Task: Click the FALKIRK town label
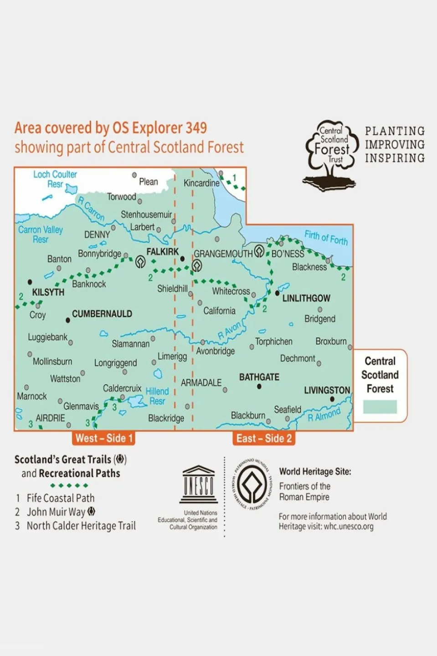click(x=163, y=252)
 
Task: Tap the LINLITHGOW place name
click(x=306, y=298)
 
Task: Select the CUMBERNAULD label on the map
click(x=102, y=314)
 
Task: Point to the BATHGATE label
click(x=259, y=377)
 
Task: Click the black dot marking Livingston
click(x=332, y=399)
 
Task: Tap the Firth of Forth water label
click(x=326, y=238)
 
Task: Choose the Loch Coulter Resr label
click(x=55, y=179)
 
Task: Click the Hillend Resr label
click(x=157, y=396)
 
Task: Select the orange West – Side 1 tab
click(x=104, y=439)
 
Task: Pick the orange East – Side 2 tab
click(x=264, y=439)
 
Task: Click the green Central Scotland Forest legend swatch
click(x=380, y=407)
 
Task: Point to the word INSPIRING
click(x=395, y=158)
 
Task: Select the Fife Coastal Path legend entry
click(x=61, y=498)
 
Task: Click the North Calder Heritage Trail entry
click(x=81, y=526)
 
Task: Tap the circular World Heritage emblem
click(x=252, y=485)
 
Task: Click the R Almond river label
click(x=324, y=415)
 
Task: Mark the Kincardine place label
click(x=201, y=183)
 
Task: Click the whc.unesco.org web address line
click(x=326, y=527)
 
